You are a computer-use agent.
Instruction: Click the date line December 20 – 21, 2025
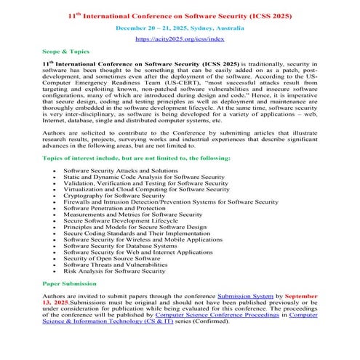179,28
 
